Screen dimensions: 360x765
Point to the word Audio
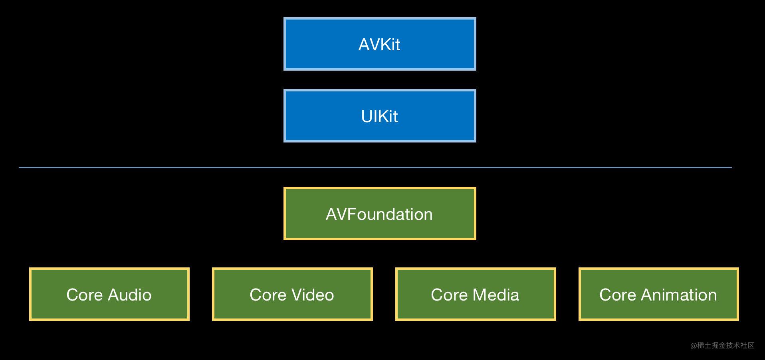(x=130, y=295)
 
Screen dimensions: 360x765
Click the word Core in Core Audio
(x=85, y=295)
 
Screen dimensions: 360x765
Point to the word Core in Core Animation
(x=617, y=295)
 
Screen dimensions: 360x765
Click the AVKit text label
(x=379, y=44)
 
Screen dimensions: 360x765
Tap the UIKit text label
(x=379, y=116)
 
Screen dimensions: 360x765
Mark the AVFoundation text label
(x=379, y=214)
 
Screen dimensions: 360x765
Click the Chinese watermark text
(x=722, y=345)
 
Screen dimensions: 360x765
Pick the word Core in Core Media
(x=449, y=295)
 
